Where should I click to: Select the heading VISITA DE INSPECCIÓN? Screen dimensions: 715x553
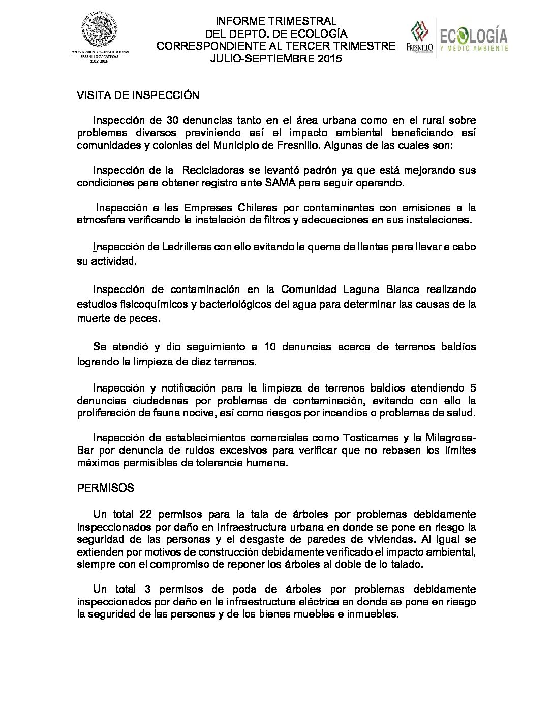pos(138,95)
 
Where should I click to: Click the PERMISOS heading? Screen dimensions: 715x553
pos(105,487)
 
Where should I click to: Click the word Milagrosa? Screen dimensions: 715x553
pos(450,438)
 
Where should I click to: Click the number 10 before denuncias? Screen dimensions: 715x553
pos(270,347)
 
